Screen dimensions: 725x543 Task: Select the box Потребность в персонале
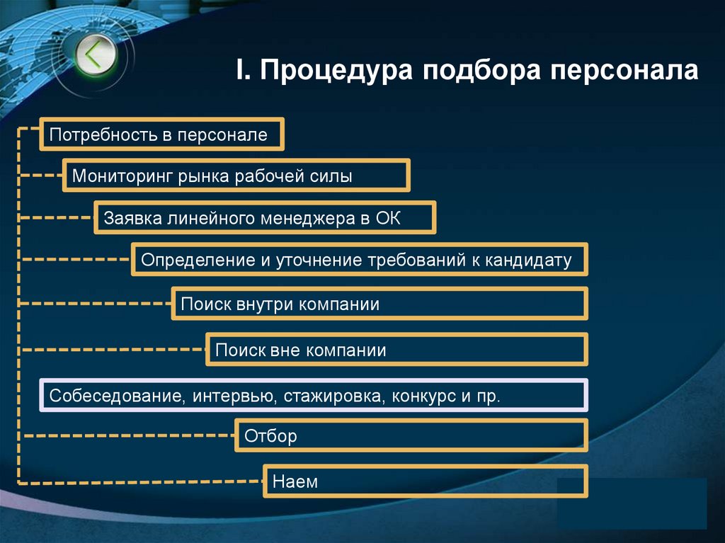(162, 135)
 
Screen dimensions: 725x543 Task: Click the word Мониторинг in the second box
(118, 176)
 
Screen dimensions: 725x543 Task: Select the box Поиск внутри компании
(379, 304)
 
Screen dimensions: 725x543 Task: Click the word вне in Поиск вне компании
(286, 350)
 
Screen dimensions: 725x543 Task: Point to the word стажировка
(333, 395)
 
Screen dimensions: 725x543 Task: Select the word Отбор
(270, 436)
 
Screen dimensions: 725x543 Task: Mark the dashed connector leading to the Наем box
(142, 483)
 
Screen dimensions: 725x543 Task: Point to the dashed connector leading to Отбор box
(127, 437)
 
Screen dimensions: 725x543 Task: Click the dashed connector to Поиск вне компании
(113, 349)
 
